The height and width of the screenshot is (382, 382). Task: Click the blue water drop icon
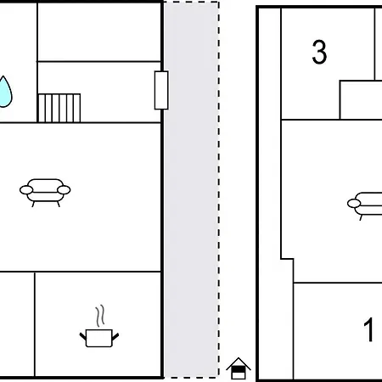[x=5, y=92]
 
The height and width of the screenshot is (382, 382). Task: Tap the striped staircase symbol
[x=59, y=108]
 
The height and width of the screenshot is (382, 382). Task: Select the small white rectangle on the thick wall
[x=161, y=90]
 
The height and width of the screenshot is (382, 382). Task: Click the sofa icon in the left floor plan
[x=45, y=193]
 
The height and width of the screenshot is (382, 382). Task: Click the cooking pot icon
[x=99, y=338]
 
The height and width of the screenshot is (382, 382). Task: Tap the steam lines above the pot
[x=99, y=316]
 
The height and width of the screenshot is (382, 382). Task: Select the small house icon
[x=239, y=368]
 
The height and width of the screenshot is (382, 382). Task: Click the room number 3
[x=319, y=52]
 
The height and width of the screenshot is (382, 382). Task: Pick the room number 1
[x=368, y=329]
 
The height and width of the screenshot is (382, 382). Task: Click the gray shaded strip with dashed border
[x=192, y=189]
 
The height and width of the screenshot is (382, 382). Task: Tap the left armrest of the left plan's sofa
[x=26, y=190]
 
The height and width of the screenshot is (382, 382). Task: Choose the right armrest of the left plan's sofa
[x=64, y=190]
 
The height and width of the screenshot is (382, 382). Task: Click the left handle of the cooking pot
[x=83, y=336]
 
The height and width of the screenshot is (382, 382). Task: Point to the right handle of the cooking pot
[x=115, y=336]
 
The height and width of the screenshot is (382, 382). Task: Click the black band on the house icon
[x=239, y=370]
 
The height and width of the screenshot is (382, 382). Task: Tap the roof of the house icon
[x=239, y=363]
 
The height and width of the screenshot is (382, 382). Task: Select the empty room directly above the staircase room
[x=99, y=31]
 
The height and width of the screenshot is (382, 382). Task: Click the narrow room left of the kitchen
[x=17, y=324]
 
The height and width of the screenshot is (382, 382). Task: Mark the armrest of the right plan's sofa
[x=354, y=204]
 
